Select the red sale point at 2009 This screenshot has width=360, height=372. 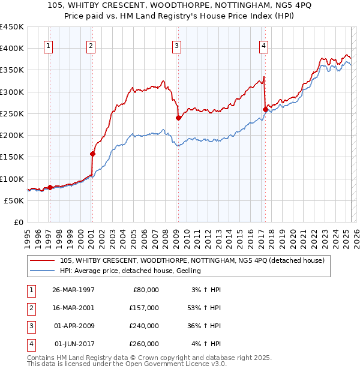pyautogui.click(x=178, y=118)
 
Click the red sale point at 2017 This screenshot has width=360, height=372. pyautogui.click(x=265, y=109)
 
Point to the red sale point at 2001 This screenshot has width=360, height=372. pyautogui.click(x=92, y=154)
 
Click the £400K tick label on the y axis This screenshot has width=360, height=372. pyautogui.click(x=12, y=49)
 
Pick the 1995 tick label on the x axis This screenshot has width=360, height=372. pyautogui.click(x=28, y=236)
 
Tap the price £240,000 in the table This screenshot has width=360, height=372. pyautogui.click(x=142, y=326)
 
